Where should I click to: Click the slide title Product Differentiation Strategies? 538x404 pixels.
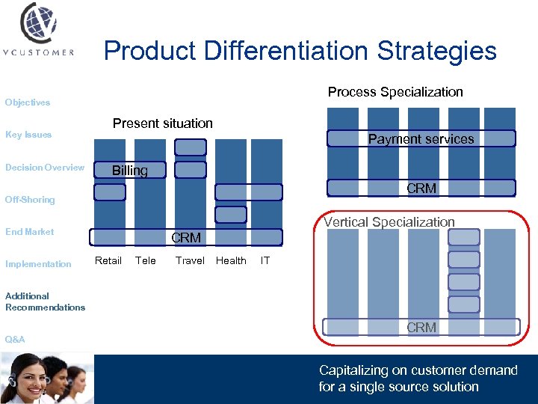tap(300, 51)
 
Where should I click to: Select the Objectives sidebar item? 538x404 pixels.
tap(28, 102)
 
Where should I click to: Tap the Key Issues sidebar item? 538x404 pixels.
tap(28, 135)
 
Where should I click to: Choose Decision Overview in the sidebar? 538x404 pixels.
tap(45, 168)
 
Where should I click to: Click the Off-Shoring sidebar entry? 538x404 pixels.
tap(30, 200)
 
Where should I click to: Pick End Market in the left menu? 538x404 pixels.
tap(30, 232)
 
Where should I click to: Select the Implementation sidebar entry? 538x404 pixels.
tap(38, 264)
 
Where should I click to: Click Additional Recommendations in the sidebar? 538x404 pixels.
tap(45, 302)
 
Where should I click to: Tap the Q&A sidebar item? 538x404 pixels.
tap(15, 340)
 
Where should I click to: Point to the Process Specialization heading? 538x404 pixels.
tap(395, 92)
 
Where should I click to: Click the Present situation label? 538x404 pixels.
tap(162, 123)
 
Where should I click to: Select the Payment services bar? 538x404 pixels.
tap(420, 139)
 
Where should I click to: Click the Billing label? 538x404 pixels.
tap(130, 171)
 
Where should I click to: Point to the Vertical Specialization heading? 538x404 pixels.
tap(389, 222)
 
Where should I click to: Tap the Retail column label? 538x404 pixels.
tap(108, 261)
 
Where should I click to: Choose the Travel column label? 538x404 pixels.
tap(190, 261)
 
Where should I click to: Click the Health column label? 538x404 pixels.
tap(231, 261)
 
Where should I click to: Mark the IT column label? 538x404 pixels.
tap(265, 261)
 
